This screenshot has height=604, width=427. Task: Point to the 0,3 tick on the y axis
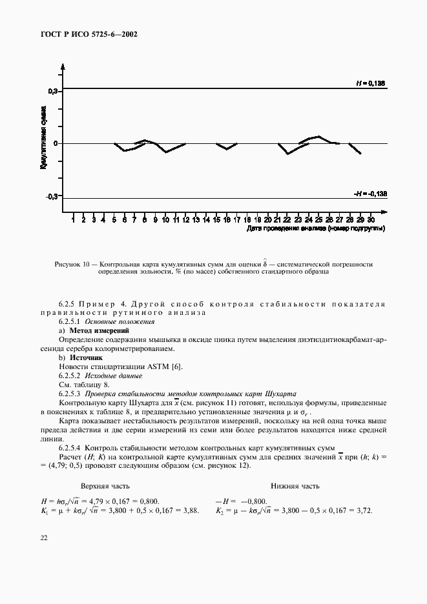click(53, 92)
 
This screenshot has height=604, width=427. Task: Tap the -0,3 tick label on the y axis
click(52, 196)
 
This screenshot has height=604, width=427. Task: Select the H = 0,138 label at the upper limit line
click(371, 83)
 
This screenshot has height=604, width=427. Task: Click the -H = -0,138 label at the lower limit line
click(370, 194)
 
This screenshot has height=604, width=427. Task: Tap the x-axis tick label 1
click(73, 220)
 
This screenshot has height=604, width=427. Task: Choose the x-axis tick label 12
click(185, 220)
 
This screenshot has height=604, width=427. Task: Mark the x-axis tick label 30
click(370, 220)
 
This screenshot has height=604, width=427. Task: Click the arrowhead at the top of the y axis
click(63, 66)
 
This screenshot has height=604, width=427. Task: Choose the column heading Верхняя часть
click(105, 487)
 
